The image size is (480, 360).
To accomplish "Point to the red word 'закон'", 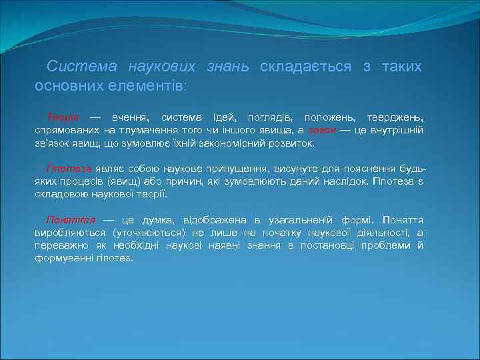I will click(x=322, y=131).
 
